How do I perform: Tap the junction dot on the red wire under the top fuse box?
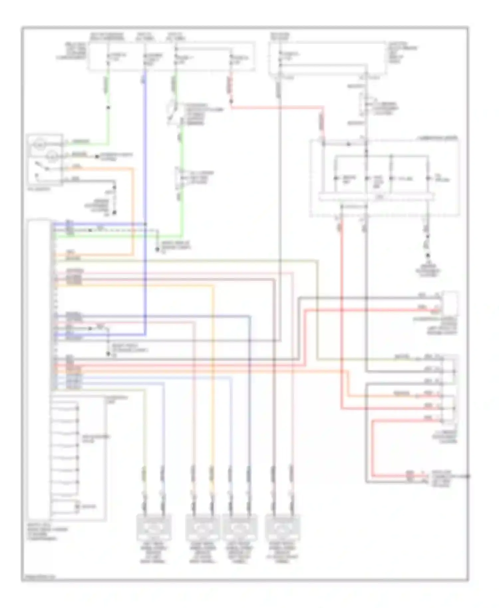pyautogui.click(x=231, y=100)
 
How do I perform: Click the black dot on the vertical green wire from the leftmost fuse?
pyautogui.click(x=108, y=107)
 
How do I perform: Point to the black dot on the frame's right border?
pyautogui.click(x=468, y=476)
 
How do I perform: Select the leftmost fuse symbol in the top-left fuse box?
pyautogui.click(x=108, y=58)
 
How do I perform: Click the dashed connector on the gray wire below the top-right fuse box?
pyautogui.click(x=365, y=104)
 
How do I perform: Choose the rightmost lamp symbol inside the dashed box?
pyautogui.click(x=428, y=179)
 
